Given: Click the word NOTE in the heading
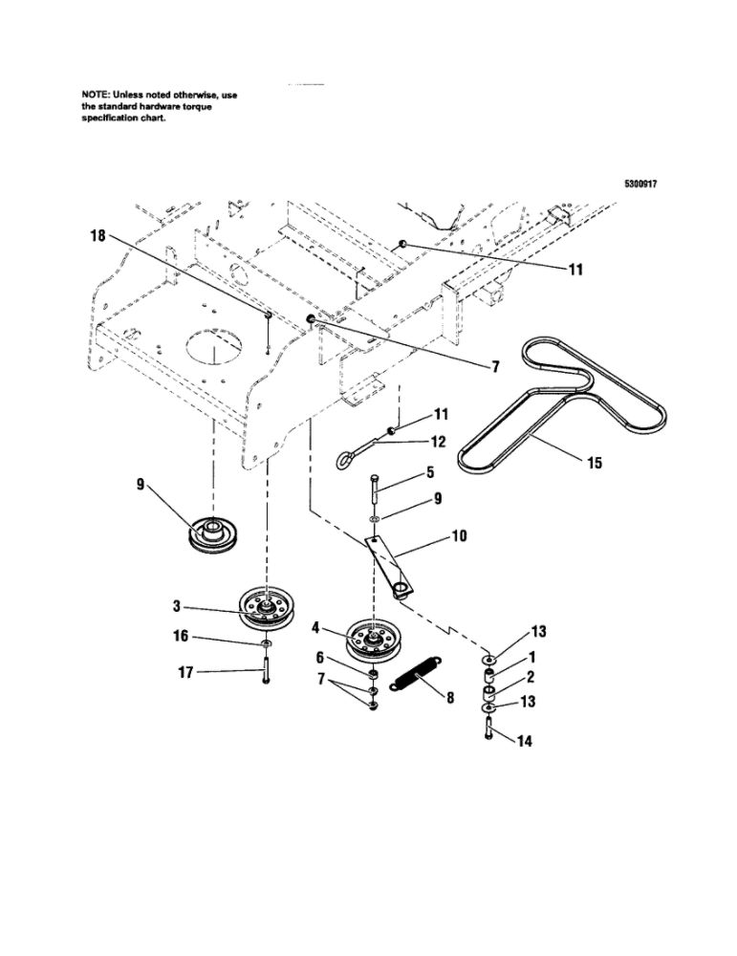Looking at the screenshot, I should click(97, 95).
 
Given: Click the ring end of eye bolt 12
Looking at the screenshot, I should click(342, 462).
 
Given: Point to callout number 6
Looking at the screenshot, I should click(321, 658).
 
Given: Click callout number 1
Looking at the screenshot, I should click(532, 658).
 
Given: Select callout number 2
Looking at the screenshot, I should click(532, 678).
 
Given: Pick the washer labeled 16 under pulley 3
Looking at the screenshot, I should click(264, 647).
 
